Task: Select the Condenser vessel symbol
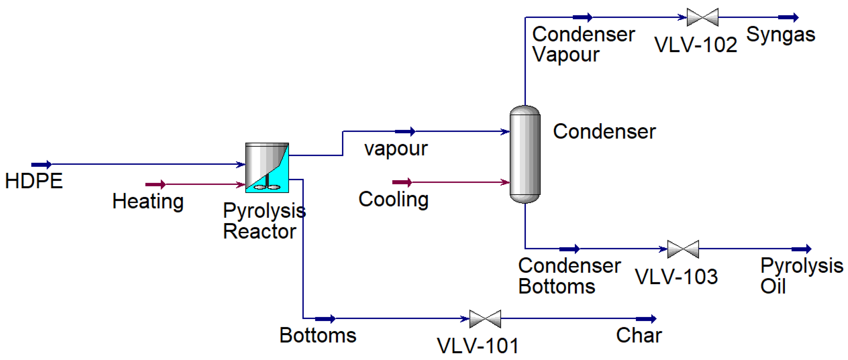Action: click(x=525, y=154)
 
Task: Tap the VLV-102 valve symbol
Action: click(x=702, y=17)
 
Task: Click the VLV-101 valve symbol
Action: click(x=485, y=318)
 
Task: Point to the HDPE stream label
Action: click(x=34, y=181)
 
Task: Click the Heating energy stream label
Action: click(x=148, y=201)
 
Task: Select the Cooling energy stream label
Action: click(x=393, y=200)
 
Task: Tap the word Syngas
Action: click(x=781, y=34)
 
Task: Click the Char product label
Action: click(x=639, y=335)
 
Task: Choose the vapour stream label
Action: click(x=396, y=149)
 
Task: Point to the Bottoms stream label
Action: click(x=318, y=335)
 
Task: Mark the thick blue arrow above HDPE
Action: click(x=42, y=164)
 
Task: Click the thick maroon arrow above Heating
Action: click(x=155, y=184)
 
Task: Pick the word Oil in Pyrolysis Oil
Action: click(x=773, y=286)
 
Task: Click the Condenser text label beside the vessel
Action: click(x=604, y=132)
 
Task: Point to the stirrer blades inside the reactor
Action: click(x=267, y=187)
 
